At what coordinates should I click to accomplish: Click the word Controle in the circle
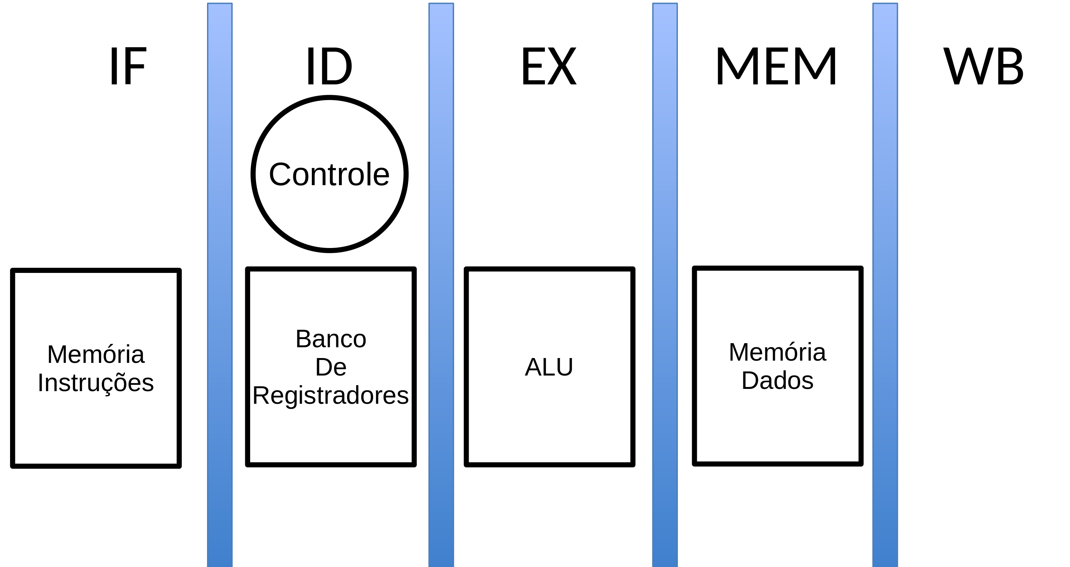pyautogui.click(x=329, y=174)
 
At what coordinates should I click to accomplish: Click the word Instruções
pyautogui.click(x=96, y=383)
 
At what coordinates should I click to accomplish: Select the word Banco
pyautogui.click(x=331, y=339)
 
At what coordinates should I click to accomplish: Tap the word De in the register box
pyautogui.click(x=331, y=367)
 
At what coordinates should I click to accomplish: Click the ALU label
pyautogui.click(x=549, y=367)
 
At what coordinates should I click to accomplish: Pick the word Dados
pyautogui.click(x=777, y=380)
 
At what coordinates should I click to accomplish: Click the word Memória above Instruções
pyautogui.click(x=96, y=354)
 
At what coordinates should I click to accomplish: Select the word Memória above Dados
pyautogui.click(x=777, y=352)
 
